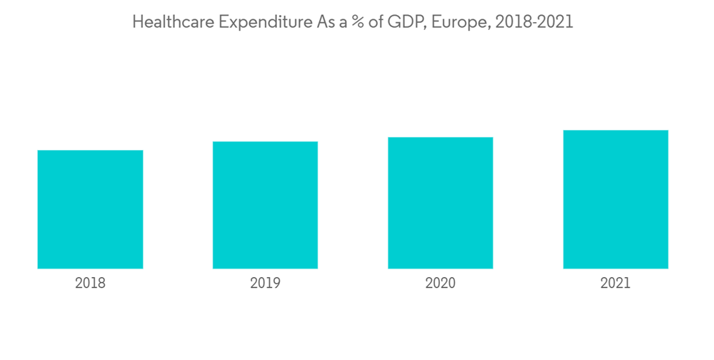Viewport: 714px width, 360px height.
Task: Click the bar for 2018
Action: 90,209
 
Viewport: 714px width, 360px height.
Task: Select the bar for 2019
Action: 265,205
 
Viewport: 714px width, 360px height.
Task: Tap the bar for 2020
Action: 441,203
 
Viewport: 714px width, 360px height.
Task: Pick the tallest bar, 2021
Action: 615,199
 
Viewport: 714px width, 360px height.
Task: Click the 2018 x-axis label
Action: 90,284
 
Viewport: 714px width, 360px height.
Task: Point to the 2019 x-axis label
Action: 265,284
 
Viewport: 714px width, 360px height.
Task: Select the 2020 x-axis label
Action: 441,284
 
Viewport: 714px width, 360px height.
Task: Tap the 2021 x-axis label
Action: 615,284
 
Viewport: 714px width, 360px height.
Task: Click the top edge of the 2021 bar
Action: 615,131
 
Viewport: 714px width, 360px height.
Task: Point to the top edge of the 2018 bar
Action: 90,151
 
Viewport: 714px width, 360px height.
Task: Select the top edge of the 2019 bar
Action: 265,142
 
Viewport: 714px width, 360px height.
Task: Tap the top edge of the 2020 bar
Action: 441,138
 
